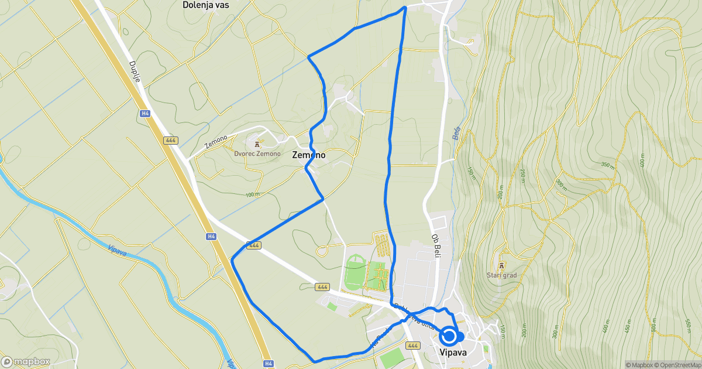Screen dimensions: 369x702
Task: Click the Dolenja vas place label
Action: (206, 5)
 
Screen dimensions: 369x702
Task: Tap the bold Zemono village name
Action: (308, 155)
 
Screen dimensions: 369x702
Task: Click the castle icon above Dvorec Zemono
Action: (256, 143)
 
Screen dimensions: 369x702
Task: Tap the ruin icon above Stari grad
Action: (501, 265)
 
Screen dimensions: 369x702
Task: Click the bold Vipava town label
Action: (453, 353)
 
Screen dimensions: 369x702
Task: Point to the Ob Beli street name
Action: (436, 247)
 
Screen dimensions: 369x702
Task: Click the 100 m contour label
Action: (253, 194)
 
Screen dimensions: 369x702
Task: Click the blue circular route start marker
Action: (449, 336)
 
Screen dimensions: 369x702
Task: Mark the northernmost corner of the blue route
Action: (405, 8)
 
